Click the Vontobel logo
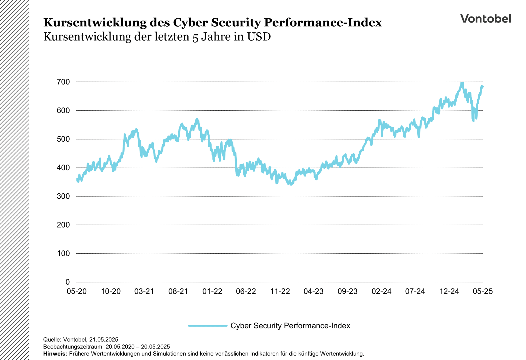pyautogui.click(x=485, y=19)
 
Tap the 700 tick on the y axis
pyautogui.click(x=63, y=82)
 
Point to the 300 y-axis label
pyautogui.click(x=63, y=196)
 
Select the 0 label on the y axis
pyautogui.click(x=67, y=282)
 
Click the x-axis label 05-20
pyautogui.click(x=77, y=291)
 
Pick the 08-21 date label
pyautogui.click(x=178, y=291)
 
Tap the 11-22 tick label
pyautogui.click(x=280, y=291)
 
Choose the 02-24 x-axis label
pyautogui.click(x=381, y=291)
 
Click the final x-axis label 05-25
pyautogui.click(x=483, y=291)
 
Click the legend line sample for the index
pyautogui.click(x=208, y=326)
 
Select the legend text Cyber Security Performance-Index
pyautogui.click(x=290, y=326)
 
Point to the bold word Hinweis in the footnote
pyautogui.click(x=55, y=354)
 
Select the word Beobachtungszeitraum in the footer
pyautogui.click(x=73, y=347)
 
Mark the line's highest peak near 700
pyautogui.click(x=462, y=83)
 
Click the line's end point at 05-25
pyautogui.click(x=483, y=87)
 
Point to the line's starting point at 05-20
pyautogui.click(x=77, y=180)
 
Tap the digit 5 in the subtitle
pyautogui.click(x=195, y=37)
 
